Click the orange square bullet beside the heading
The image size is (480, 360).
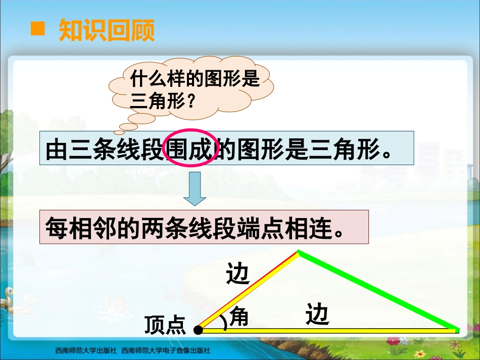coord(38,29)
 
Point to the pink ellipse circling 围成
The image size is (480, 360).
coord(193,148)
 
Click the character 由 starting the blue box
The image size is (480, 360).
coord(56,149)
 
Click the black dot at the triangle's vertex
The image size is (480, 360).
coord(198,330)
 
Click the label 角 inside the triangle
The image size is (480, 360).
coord(239,318)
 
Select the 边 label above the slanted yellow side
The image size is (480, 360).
coord(238,274)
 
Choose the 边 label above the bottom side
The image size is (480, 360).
coord(317,315)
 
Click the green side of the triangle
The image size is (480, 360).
coord(379,290)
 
